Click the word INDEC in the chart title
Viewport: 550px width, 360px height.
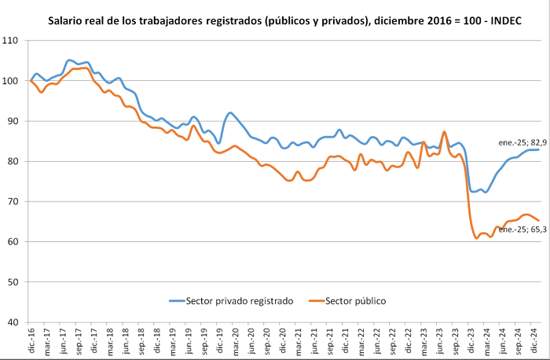click(x=506, y=20)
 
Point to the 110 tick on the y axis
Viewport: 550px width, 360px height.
click(x=9, y=41)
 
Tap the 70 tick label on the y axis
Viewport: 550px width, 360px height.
click(x=13, y=202)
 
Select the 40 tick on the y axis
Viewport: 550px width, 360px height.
click(x=13, y=322)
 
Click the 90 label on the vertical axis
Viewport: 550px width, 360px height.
click(x=13, y=121)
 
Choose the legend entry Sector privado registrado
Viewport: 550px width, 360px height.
click(x=231, y=301)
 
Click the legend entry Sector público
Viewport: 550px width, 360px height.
click(x=347, y=301)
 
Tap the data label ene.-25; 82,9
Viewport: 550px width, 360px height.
click(x=522, y=143)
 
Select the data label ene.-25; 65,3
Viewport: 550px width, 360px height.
click(x=522, y=230)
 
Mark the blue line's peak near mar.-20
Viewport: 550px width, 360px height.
click(x=230, y=112)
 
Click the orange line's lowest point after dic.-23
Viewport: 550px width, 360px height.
click(x=476, y=238)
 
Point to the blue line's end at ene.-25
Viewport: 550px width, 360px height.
click(x=538, y=150)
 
